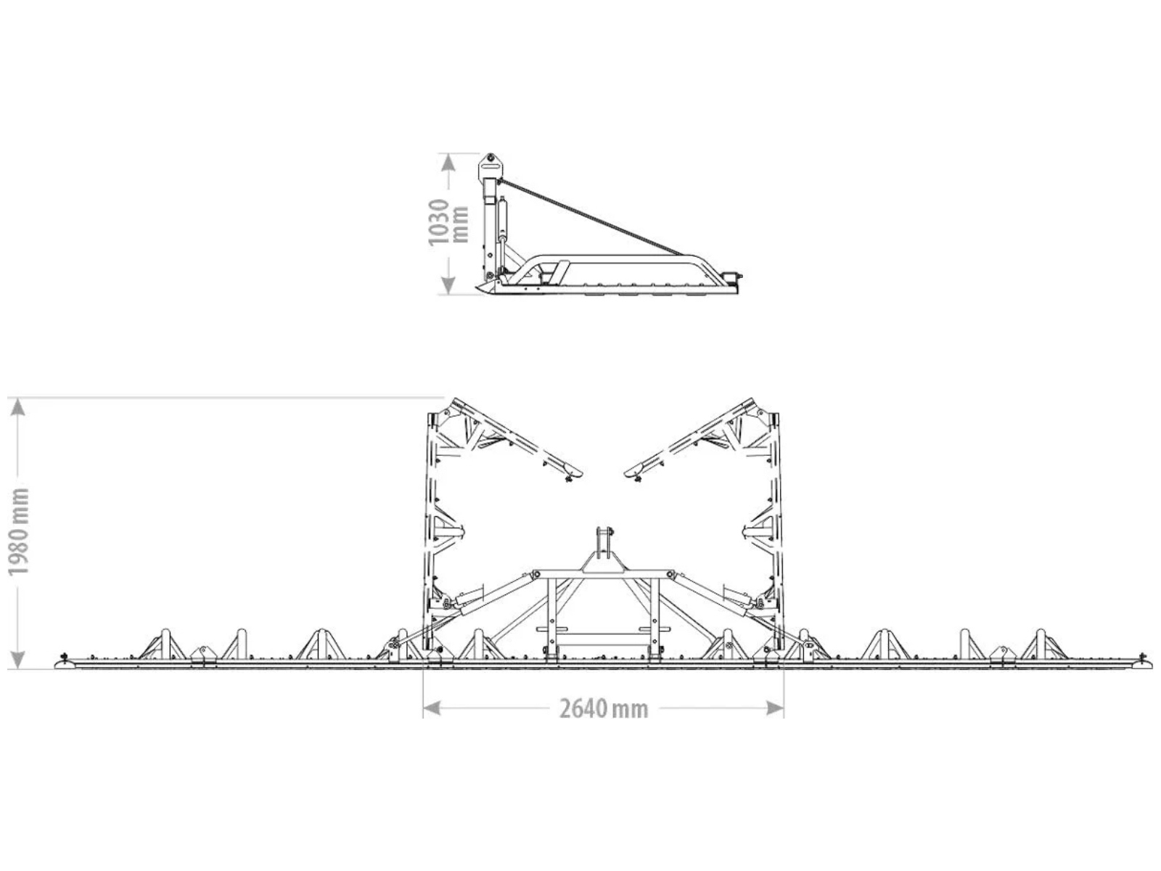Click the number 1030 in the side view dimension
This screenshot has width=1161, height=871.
pyautogui.click(x=438, y=223)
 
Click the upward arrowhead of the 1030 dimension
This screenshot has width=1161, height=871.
pyautogui.click(x=448, y=161)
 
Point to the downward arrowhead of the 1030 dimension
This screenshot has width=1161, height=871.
pyautogui.click(x=448, y=286)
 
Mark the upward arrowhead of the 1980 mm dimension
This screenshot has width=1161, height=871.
pyautogui.click(x=18, y=406)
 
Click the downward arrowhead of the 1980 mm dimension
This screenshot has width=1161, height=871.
pyautogui.click(x=18, y=660)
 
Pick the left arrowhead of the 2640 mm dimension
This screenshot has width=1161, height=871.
pyautogui.click(x=432, y=708)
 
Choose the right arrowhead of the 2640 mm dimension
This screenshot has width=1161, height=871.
pyautogui.click(x=775, y=708)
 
